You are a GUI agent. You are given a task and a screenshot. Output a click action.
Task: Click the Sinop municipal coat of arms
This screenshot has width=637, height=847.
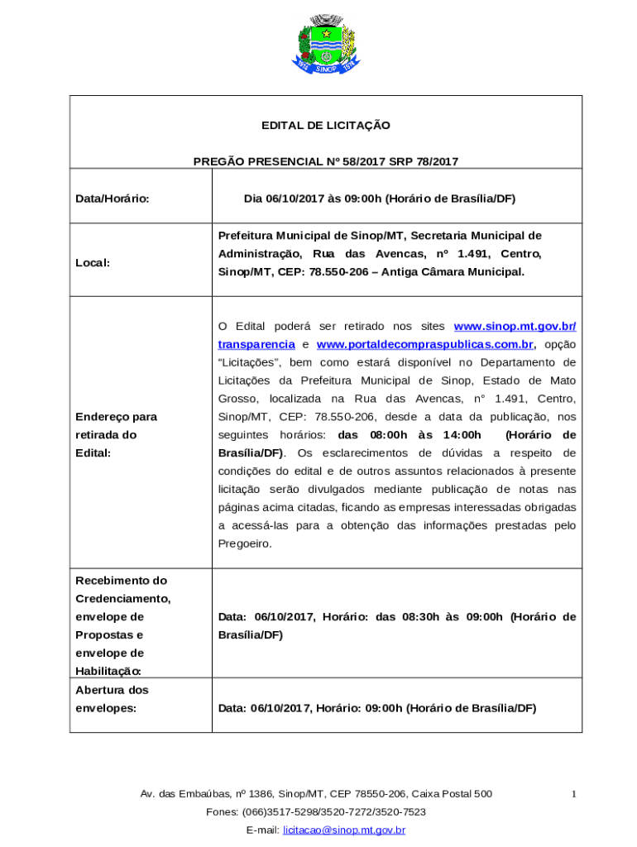(x=326, y=43)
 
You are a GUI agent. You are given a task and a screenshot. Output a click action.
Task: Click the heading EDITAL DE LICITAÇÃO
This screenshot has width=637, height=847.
(x=326, y=126)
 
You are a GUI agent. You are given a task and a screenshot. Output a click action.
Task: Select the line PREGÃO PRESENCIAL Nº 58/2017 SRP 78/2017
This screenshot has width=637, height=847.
(x=326, y=162)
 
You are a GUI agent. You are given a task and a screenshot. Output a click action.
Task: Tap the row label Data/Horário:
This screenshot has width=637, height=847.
(x=113, y=199)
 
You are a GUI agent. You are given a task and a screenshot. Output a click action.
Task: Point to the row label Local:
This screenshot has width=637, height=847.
(x=93, y=262)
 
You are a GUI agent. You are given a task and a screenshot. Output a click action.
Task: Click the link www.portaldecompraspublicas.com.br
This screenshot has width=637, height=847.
(x=425, y=344)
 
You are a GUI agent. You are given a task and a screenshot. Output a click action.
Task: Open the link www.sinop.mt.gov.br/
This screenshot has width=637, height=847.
(x=515, y=326)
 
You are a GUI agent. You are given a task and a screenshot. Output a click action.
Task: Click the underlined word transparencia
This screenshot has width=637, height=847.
(x=256, y=344)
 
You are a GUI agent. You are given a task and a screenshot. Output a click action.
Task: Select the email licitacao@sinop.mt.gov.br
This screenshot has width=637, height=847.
(x=344, y=830)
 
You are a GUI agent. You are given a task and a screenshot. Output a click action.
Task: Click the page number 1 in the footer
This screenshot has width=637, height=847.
(x=573, y=794)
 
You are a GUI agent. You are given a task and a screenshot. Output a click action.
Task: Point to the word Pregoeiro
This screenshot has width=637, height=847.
(x=244, y=544)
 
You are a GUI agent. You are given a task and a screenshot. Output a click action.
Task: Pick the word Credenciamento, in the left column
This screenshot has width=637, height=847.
(x=122, y=599)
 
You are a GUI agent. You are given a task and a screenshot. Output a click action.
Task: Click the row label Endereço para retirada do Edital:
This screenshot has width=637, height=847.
(x=116, y=435)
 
